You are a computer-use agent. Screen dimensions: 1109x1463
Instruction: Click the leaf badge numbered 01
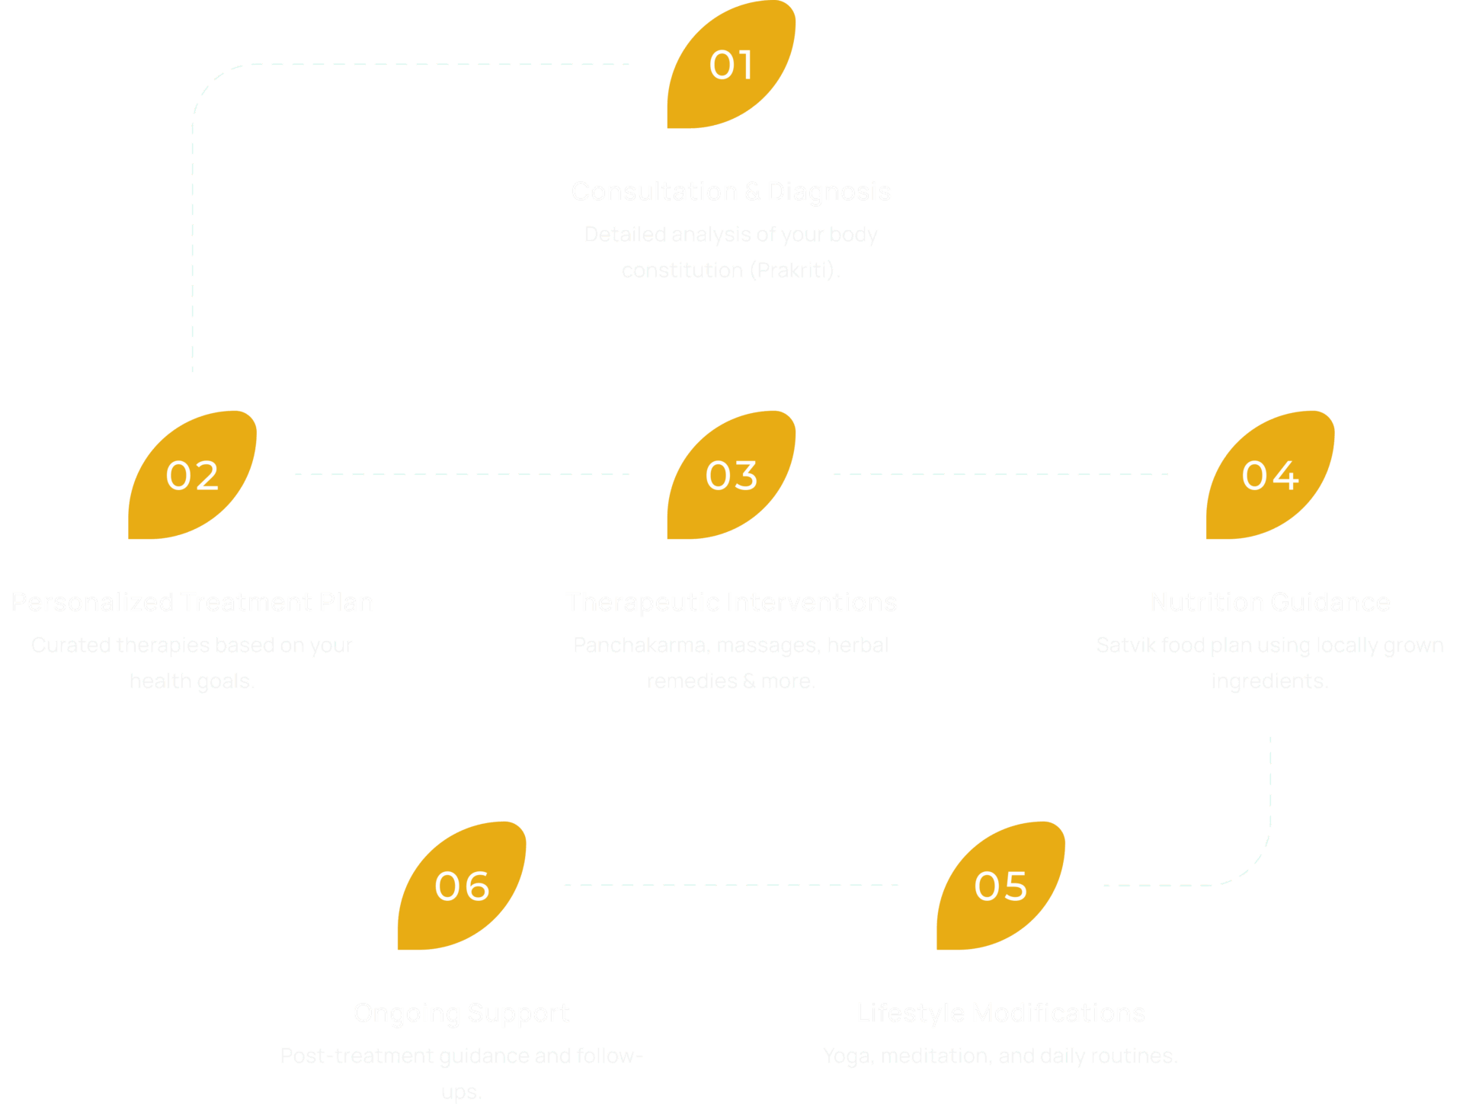731,65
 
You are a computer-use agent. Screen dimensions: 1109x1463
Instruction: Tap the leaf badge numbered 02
193,475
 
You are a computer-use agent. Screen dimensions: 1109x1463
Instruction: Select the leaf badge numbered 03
731,475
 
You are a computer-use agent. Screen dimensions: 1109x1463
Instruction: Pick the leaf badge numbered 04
1270,475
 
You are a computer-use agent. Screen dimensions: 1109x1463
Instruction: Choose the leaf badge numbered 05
1001,886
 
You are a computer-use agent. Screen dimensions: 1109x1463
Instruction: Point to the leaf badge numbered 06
462,886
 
